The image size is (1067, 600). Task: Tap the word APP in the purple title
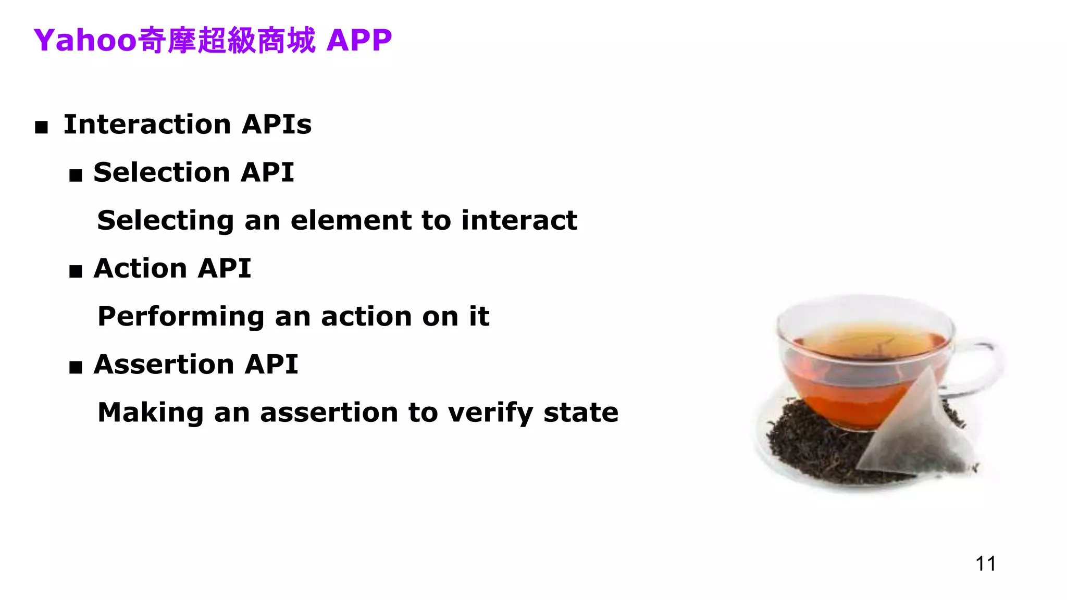click(359, 40)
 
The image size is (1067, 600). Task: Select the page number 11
click(985, 564)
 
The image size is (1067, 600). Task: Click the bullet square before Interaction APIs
click(41, 127)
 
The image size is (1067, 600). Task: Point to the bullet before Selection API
click(76, 175)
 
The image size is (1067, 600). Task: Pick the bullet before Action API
click(76, 271)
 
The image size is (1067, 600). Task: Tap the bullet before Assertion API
click(76, 367)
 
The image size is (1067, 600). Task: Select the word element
click(352, 220)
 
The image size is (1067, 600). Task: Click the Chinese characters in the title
click(227, 40)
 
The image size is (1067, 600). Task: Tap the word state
click(581, 413)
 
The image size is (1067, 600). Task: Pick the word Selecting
click(165, 220)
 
